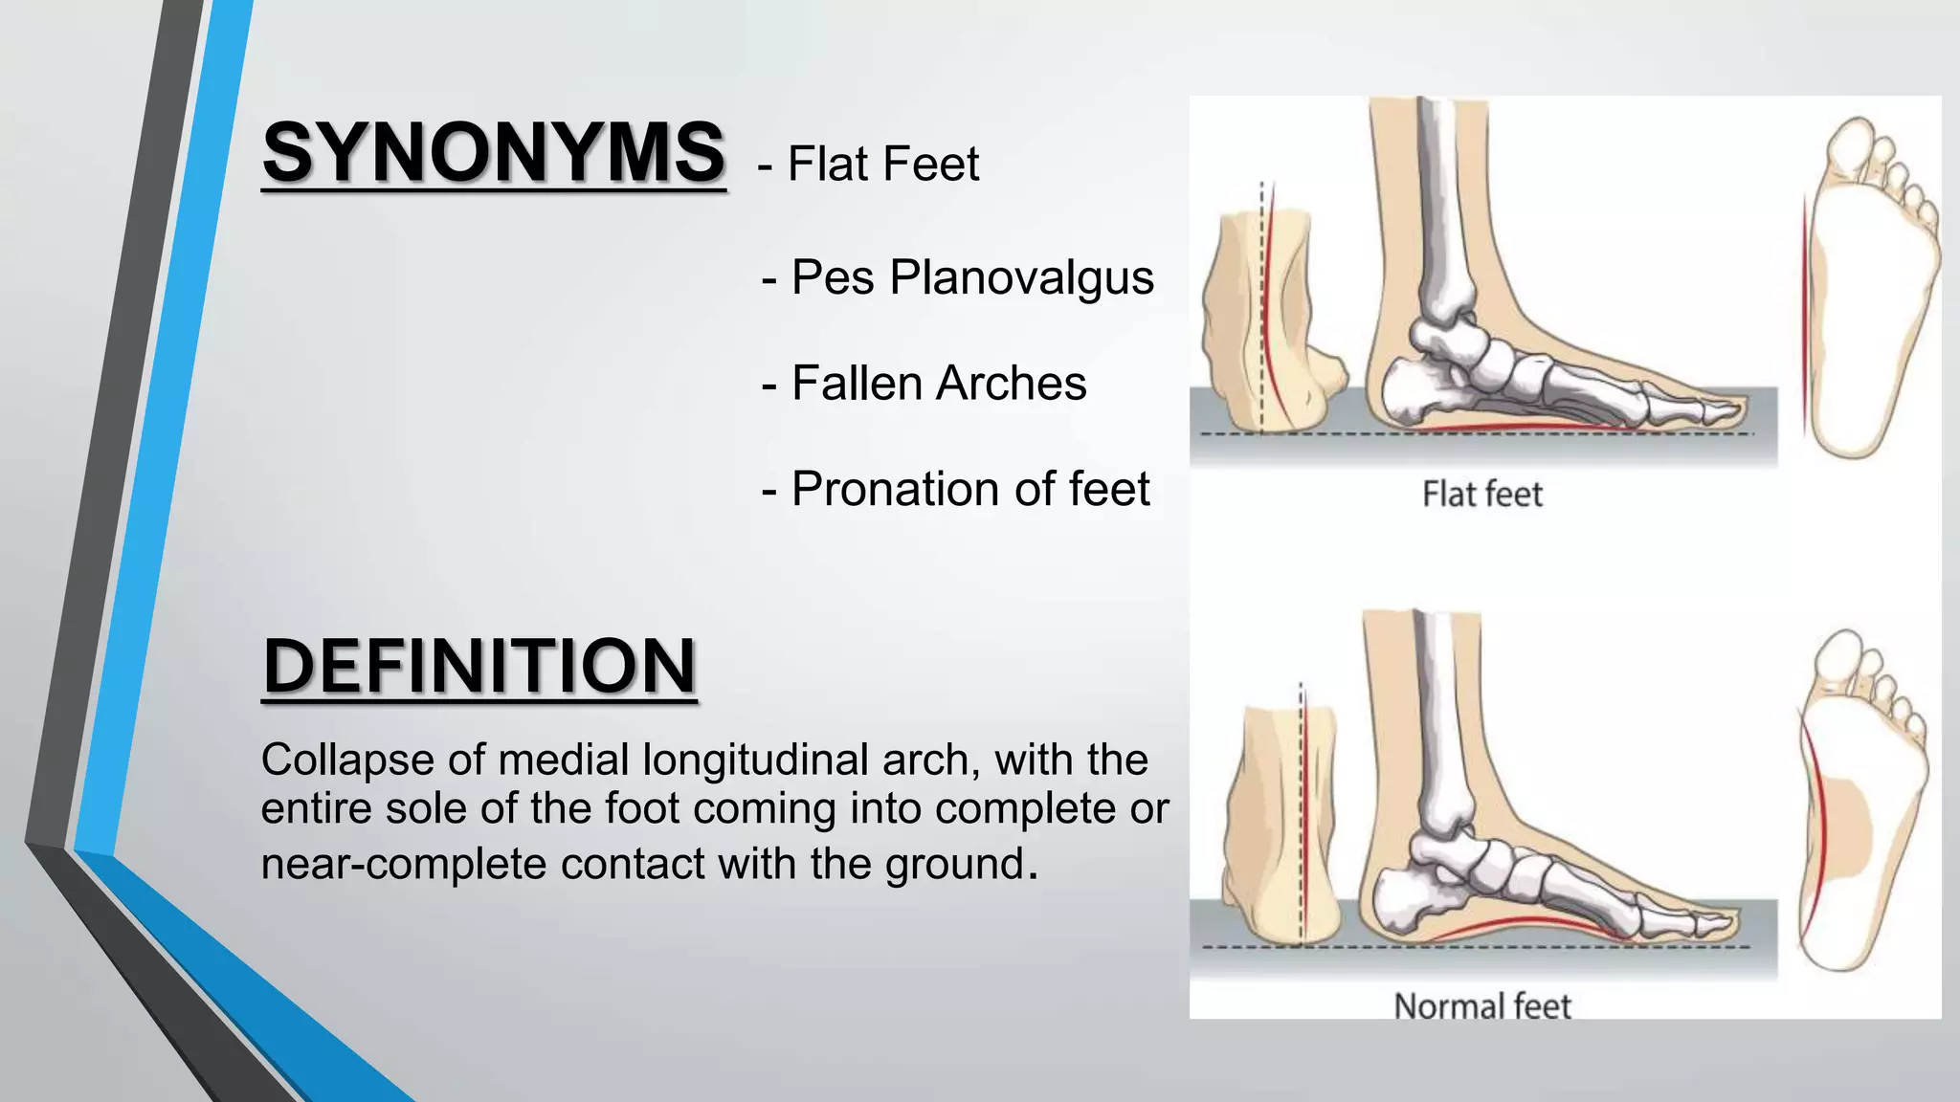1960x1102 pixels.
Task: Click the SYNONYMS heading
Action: click(494, 153)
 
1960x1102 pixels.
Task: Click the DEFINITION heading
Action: click(479, 666)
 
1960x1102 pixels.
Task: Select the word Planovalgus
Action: click(1021, 277)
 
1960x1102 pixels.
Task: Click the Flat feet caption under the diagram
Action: click(1481, 495)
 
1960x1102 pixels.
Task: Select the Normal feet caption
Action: click(1481, 1005)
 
